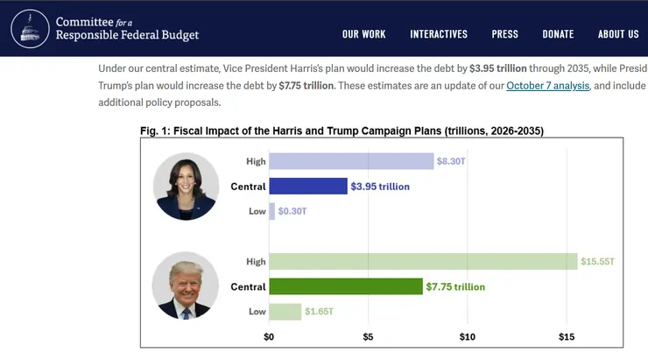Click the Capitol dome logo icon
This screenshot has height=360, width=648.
tap(31, 28)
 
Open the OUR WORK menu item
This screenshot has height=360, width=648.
tap(363, 34)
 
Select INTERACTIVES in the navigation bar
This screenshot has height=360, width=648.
tap(439, 34)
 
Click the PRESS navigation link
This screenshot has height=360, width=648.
tap(504, 34)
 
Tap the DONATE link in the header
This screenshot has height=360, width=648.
tap(558, 34)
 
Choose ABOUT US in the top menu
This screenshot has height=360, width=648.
tap(618, 34)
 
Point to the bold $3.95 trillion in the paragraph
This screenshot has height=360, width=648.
tap(499, 67)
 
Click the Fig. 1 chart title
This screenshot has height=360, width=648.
tap(342, 131)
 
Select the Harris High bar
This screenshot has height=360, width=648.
tap(351, 161)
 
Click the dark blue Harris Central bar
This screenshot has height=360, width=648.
tap(308, 187)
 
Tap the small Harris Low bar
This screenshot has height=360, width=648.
tap(272, 212)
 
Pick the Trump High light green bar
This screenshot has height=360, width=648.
tap(423, 261)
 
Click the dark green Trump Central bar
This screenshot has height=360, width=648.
tap(346, 286)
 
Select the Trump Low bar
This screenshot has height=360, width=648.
tap(285, 312)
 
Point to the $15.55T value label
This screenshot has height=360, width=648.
tap(599, 262)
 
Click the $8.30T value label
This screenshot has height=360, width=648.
tap(454, 161)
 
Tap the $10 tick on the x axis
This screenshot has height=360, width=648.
tap(467, 336)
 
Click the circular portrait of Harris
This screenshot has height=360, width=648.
tap(186, 187)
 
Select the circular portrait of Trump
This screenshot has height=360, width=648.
tap(186, 286)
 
